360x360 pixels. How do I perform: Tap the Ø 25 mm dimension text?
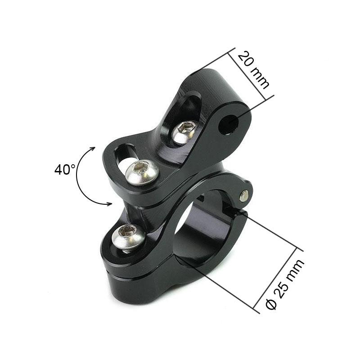(x=285, y=284)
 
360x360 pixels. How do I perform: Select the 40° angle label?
(x=65, y=170)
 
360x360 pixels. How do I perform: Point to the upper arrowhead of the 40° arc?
(x=93, y=148)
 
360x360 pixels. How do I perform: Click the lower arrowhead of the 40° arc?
(x=109, y=203)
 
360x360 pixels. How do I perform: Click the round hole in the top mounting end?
(x=229, y=125)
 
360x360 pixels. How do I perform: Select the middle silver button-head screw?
(x=142, y=172)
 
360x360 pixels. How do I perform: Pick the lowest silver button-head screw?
(x=128, y=238)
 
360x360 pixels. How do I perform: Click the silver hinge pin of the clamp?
(x=244, y=196)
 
